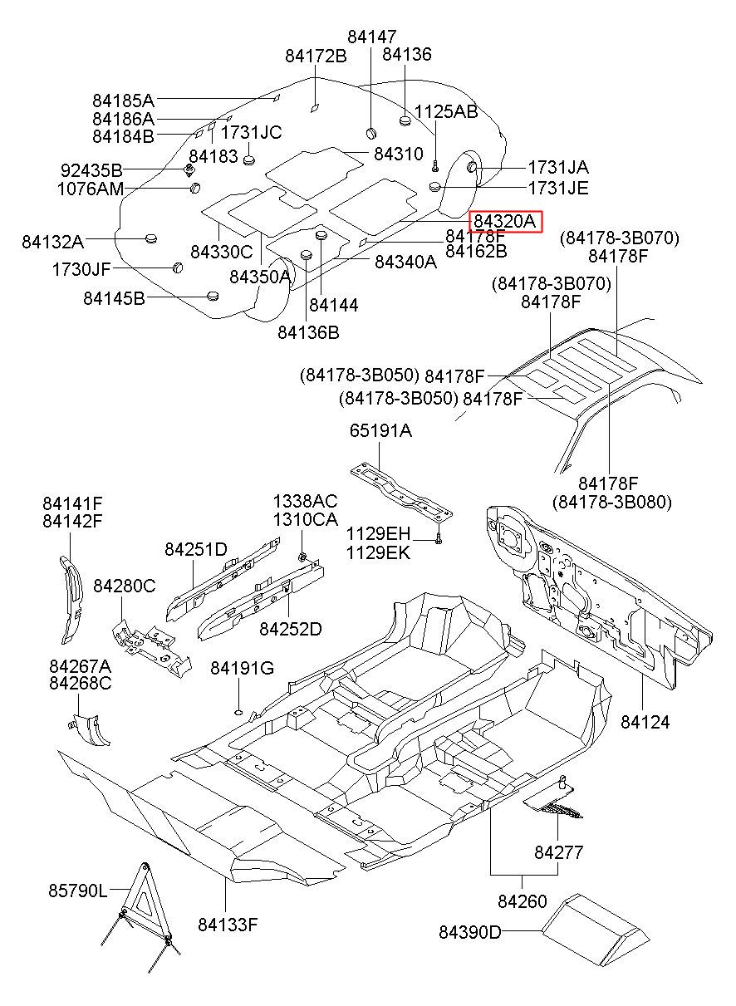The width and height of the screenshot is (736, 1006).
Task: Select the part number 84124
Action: tap(645, 722)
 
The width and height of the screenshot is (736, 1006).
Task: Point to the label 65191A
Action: tap(380, 430)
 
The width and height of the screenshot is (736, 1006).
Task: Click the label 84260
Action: tap(523, 900)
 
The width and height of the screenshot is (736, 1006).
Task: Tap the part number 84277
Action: tap(558, 852)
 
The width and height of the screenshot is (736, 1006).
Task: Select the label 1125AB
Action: tap(446, 112)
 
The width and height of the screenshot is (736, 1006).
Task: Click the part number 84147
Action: tap(371, 37)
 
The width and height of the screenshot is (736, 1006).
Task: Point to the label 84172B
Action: tap(316, 56)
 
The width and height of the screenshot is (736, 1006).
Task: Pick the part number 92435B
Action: tap(91, 170)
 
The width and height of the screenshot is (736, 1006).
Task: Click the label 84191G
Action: tap(242, 669)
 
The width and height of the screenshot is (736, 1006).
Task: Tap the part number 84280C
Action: tap(124, 586)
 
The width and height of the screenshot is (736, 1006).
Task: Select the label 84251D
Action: tap(195, 549)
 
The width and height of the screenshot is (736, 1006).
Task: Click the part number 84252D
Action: tap(290, 629)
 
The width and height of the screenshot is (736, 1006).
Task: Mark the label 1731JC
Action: tap(251, 133)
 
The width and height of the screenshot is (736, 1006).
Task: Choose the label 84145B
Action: tap(114, 297)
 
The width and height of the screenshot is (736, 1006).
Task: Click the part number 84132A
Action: tap(52, 242)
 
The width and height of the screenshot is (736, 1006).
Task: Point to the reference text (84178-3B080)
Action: tap(611, 502)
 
